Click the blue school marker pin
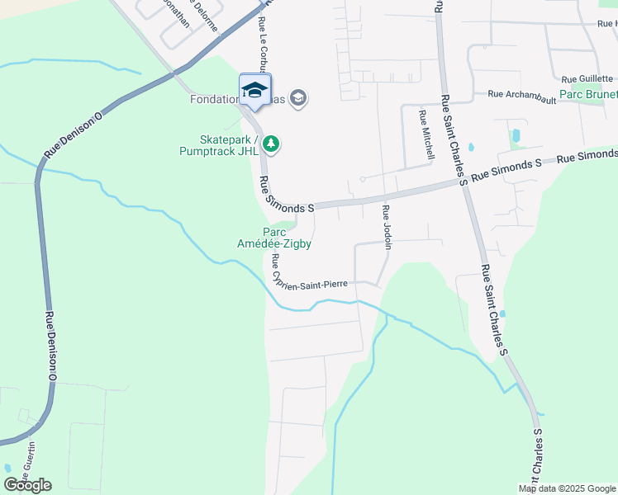[254, 91]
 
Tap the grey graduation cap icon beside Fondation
[298, 99]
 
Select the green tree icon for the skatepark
[270, 145]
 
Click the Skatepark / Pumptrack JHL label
[217, 145]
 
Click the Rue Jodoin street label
[386, 227]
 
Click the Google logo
[27, 485]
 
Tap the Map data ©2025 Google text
[567, 488]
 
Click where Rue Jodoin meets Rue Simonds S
[383, 197]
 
